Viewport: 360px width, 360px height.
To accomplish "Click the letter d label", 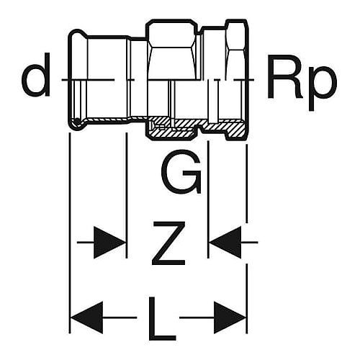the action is tap(36, 75).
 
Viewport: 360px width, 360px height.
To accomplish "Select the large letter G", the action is tap(181, 171).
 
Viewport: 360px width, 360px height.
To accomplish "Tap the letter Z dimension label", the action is tap(169, 243).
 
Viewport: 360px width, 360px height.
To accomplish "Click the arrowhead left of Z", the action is tap(109, 243).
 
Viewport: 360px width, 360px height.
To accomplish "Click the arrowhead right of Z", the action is tap(225, 243).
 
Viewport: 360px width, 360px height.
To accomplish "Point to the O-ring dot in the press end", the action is tap(77, 122).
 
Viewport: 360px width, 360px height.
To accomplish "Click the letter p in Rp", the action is tap(322, 88).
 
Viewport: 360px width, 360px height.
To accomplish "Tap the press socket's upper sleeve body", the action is tap(108, 58).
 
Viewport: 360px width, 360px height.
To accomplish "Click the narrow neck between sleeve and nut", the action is tap(139, 59).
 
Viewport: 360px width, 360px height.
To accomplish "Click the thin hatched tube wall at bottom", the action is tap(108, 120).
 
